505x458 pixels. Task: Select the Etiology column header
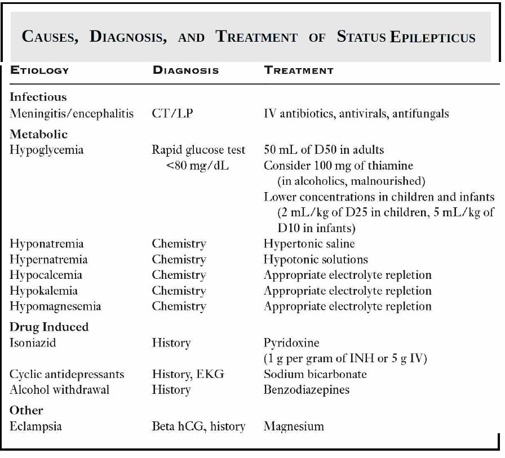pos(39,70)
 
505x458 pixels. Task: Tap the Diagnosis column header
pos(185,70)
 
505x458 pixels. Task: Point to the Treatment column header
pos(299,70)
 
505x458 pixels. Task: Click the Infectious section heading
pos(38,97)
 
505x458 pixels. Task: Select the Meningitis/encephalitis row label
pos(72,113)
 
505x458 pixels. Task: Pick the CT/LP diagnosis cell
pos(172,113)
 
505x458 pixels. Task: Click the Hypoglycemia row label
pos(46,150)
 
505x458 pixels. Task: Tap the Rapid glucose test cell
pos(198,150)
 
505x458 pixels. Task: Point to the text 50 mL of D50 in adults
pos(324,150)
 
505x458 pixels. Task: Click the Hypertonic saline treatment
pos(309,244)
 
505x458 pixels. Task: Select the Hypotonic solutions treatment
pos(316,260)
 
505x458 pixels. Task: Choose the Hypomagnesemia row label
pos(55,306)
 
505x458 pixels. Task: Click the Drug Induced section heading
pos(49,327)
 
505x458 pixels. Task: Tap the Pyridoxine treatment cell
pos(291,343)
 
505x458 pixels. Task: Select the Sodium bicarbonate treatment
pos(315,374)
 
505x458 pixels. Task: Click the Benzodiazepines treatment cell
pos(306,390)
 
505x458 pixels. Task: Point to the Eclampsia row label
pos(36,426)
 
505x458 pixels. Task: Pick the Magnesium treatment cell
pos(294,426)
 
